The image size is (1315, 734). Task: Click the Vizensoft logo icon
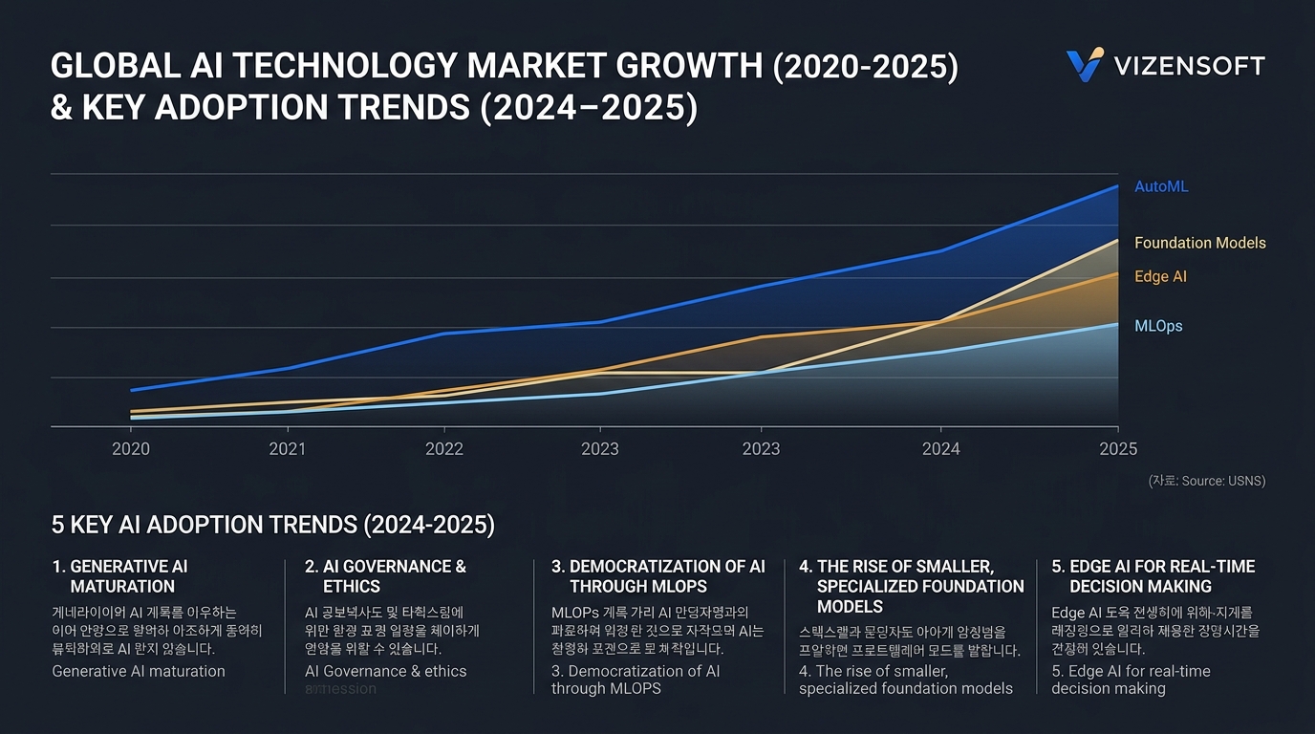(x=1085, y=65)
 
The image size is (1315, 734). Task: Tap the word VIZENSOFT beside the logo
(x=1189, y=66)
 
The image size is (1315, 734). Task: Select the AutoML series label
(x=1161, y=186)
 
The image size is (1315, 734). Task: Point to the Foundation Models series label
(x=1199, y=243)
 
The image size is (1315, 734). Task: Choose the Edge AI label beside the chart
(x=1160, y=276)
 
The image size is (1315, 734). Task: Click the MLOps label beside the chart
(x=1158, y=326)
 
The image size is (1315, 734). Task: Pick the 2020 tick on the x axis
(x=131, y=449)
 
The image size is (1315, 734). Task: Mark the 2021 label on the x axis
(x=287, y=449)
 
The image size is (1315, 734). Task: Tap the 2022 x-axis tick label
(x=443, y=449)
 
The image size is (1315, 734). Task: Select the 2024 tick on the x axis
(x=940, y=449)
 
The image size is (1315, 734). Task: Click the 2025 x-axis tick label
(x=1117, y=449)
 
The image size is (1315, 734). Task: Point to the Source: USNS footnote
(x=1206, y=481)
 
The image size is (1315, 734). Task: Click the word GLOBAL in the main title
(x=104, y=67)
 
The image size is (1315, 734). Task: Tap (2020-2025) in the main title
(x=865, y=67)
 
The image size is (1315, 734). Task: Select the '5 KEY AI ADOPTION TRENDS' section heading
(x=272, y=525)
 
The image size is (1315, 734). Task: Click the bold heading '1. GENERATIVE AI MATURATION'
(x=119, y=576)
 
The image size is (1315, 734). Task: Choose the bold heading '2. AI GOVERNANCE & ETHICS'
(x=385, y=576)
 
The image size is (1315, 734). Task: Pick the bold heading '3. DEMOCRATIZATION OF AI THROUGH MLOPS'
(x=658, y=576)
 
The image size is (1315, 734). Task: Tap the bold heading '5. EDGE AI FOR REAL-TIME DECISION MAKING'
(x=1153, y=576)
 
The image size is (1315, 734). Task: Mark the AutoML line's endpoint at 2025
(x=1117, y=186)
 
